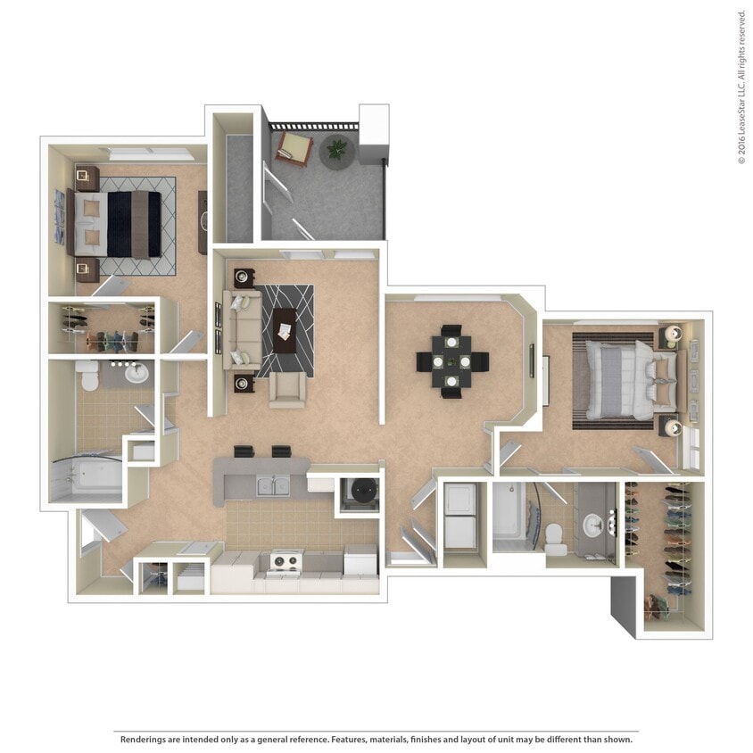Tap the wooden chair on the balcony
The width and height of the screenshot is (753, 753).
[x=293, y=145]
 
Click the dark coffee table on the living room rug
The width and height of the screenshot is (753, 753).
[x=285, y=323]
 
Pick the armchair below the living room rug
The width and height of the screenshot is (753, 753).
[x=286, y=389]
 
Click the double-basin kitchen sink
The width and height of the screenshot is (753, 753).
[x=271, y=486]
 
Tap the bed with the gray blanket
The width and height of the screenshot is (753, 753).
[x=625, y=375]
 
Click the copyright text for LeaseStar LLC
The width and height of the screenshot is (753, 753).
[x=741, y=87]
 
